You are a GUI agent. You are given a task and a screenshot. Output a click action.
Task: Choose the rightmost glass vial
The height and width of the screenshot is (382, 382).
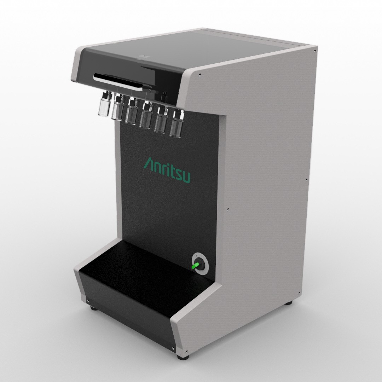click(176, 124)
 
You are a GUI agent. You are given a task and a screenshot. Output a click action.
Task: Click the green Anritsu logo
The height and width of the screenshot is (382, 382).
click(167, 169)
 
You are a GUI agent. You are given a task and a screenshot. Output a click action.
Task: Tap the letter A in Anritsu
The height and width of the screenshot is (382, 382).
click(149, 163)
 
